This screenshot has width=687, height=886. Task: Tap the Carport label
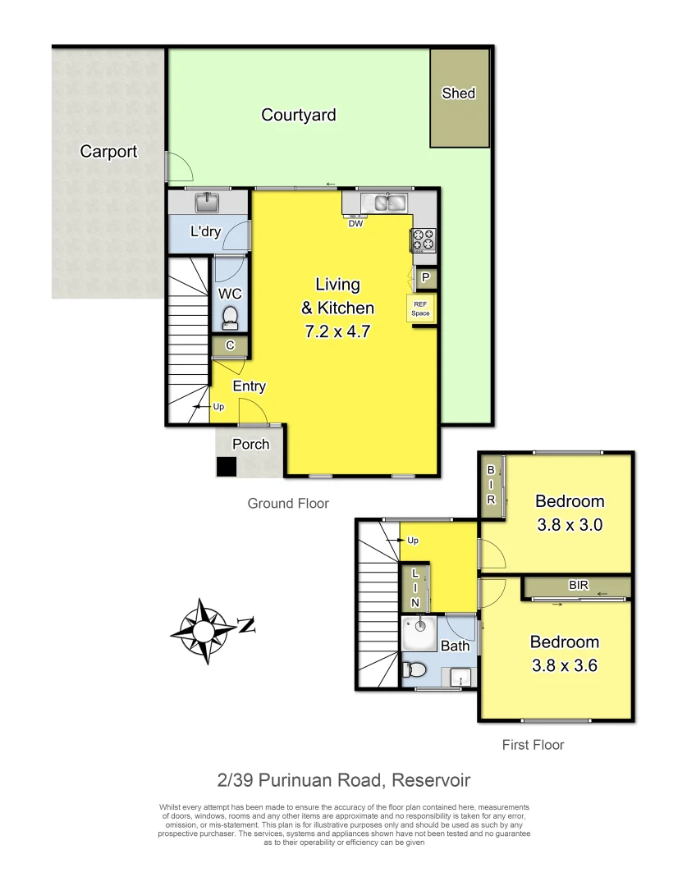pyautogui.click(x=108, y=151)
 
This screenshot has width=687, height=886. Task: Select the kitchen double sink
pyautogui.click(x=384, y=202)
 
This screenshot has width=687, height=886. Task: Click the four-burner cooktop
pyautogui.click(x=424, y=240)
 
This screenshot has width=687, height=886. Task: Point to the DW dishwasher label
pyautogui.click(x=355, y=223)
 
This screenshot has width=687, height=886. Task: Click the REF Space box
pyautogui.click(x=420, y=308)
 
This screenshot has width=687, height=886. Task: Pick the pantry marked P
pyautogui.click(x=425, y=278)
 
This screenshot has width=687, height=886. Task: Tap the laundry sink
pyautogui.click(x=206, y=201)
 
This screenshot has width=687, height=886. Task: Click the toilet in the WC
pyautogui.click(x=231, y=316)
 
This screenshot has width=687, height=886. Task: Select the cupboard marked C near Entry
pyautogui.click(x=230, y=346)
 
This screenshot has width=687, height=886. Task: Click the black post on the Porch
pyautogui.click(x=225, y=467)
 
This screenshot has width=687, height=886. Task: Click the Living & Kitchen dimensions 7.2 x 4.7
pyautogui.click(x=338, y=333)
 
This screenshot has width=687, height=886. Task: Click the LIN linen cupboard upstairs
pyautogui.click(x=414, y=587)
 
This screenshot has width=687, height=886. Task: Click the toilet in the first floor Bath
pyautogui.click(x=414, y=670)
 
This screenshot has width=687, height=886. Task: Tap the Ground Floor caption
pyautogui.click(x=288, y=503)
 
